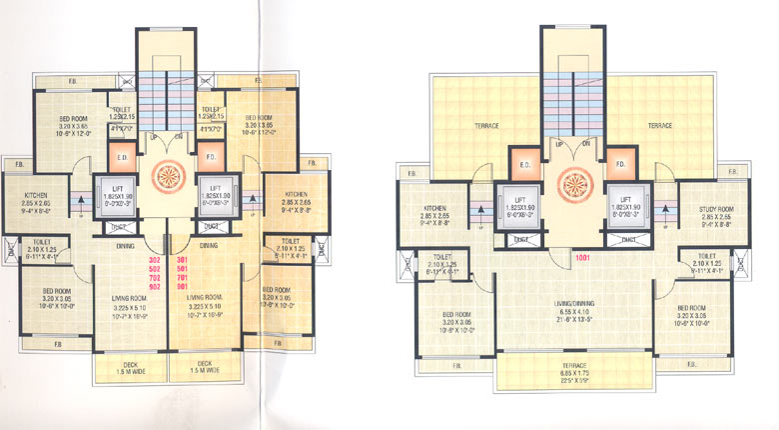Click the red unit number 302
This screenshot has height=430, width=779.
[153, 259]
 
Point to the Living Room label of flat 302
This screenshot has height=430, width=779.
[126, 297]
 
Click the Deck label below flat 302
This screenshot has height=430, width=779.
[125, 362]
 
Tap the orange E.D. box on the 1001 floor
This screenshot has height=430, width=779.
[528, 163]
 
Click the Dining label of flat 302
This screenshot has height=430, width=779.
[125, 244]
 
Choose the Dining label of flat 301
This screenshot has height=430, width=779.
[209, 244]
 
